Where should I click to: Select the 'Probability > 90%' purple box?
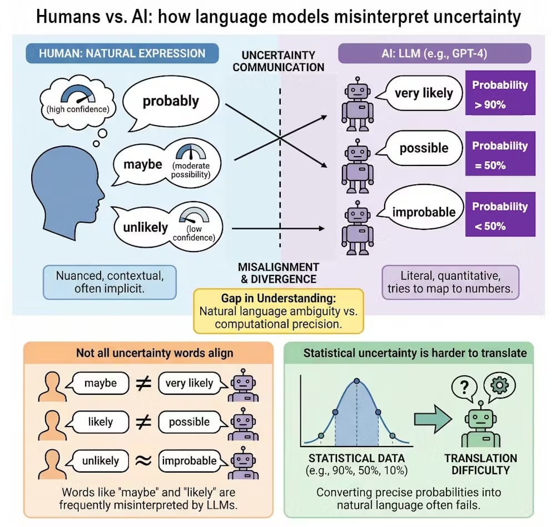[x=499, y=93]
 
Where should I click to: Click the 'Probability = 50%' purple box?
[x=499, y=154]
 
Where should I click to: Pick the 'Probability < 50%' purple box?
[x=499, y=215]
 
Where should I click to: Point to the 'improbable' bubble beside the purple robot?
[x=424, y=212]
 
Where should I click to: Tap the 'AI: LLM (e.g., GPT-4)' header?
[x=435, y=54]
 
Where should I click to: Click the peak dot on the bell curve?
[x=356, y=381]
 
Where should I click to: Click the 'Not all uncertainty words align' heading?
[x=147, y=354]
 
